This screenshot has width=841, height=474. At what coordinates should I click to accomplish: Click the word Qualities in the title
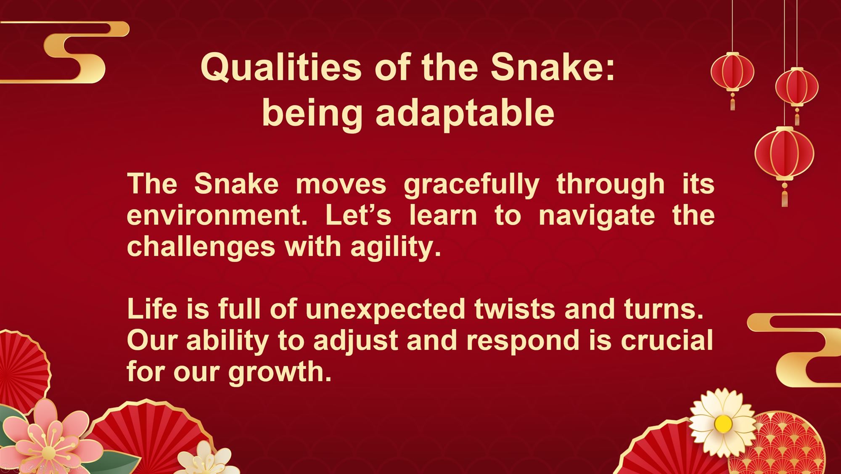coord(281,67)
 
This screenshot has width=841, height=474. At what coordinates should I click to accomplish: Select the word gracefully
coord(471,185)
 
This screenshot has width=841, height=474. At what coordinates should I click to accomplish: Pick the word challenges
coord(201,246)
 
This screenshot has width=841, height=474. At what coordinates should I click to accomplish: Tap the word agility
coord(396,246)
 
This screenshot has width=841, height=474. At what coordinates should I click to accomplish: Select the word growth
coord(280,373)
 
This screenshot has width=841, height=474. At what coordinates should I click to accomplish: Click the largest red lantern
coord(785,154)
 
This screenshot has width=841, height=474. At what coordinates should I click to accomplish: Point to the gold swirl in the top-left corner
coord(65,52)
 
